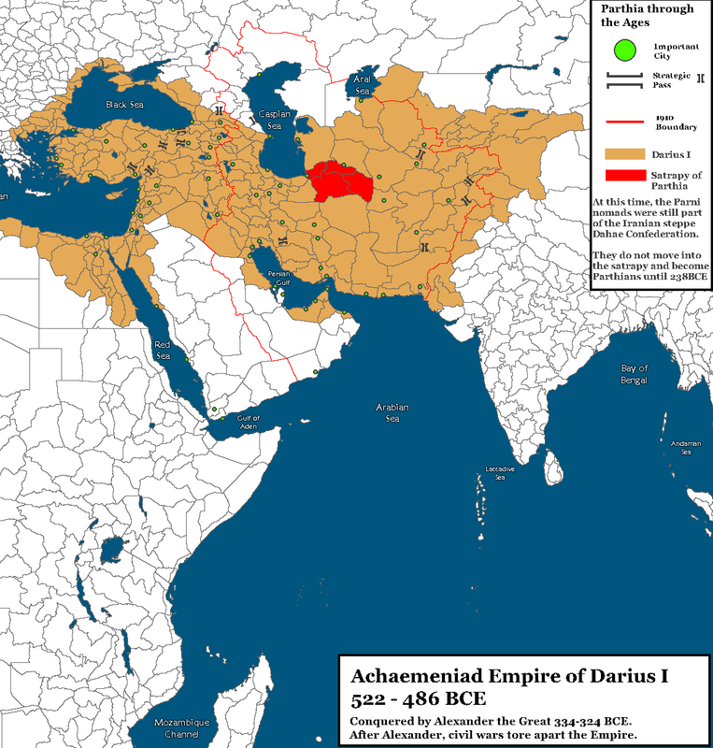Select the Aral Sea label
point(362,86)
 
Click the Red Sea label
point(164,350)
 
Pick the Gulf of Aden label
point(249,422)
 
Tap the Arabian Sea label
point(393,412)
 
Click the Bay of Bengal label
point(635,375)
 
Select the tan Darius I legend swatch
point(623,151)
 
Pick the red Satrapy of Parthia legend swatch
point(623,176)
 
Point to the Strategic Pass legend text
point(670,80)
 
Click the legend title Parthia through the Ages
point(649,16)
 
